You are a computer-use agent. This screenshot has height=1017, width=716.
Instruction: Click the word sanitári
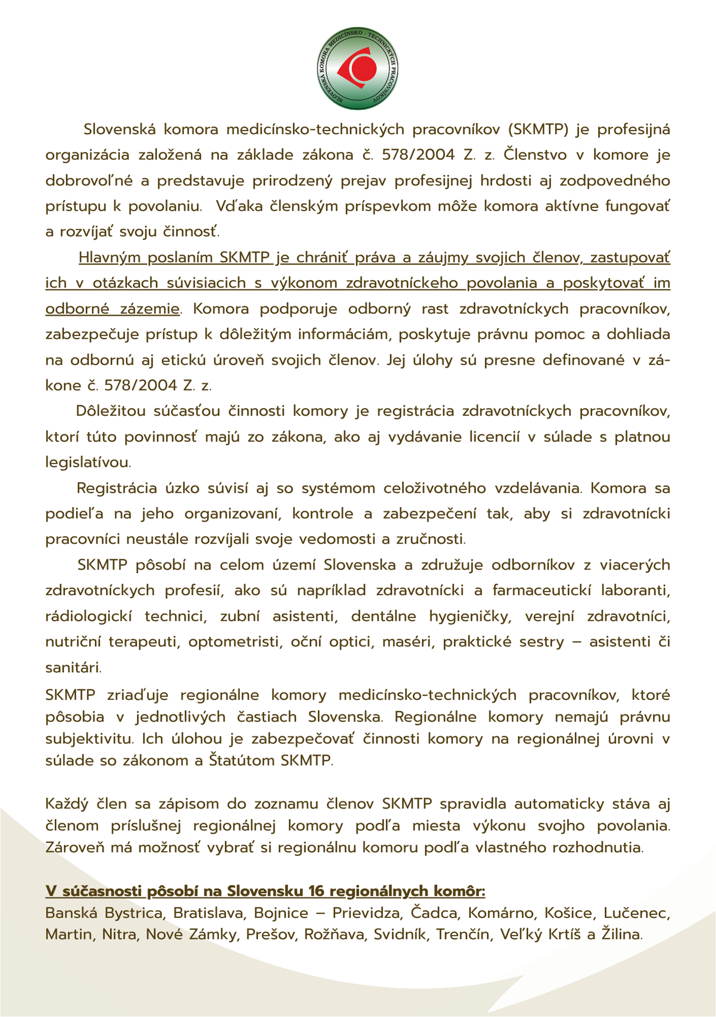tap(73, 668)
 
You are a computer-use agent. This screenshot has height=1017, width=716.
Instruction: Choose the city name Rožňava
tap(335, 935)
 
